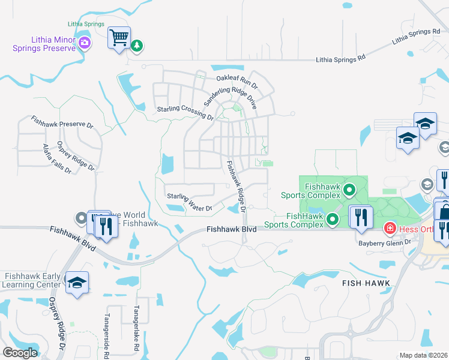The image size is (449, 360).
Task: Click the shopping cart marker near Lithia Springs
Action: point(119,38)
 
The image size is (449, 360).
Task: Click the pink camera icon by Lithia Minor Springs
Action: point(85,43)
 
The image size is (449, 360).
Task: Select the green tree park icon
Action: point(137,45)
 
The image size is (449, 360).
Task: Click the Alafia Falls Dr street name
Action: point(56,158)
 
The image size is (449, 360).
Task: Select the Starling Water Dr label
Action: point(190,202)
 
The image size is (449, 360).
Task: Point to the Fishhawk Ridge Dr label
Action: point(236,185)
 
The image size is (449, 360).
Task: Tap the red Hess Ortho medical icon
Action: point(390,228)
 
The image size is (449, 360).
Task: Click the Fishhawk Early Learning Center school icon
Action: point(77,283)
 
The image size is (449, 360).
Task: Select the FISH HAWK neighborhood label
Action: point(367,283)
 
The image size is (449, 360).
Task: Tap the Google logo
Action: point(20,353)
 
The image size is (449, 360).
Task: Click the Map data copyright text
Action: point(424,355)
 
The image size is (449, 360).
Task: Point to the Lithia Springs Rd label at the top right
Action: point(416,37)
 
